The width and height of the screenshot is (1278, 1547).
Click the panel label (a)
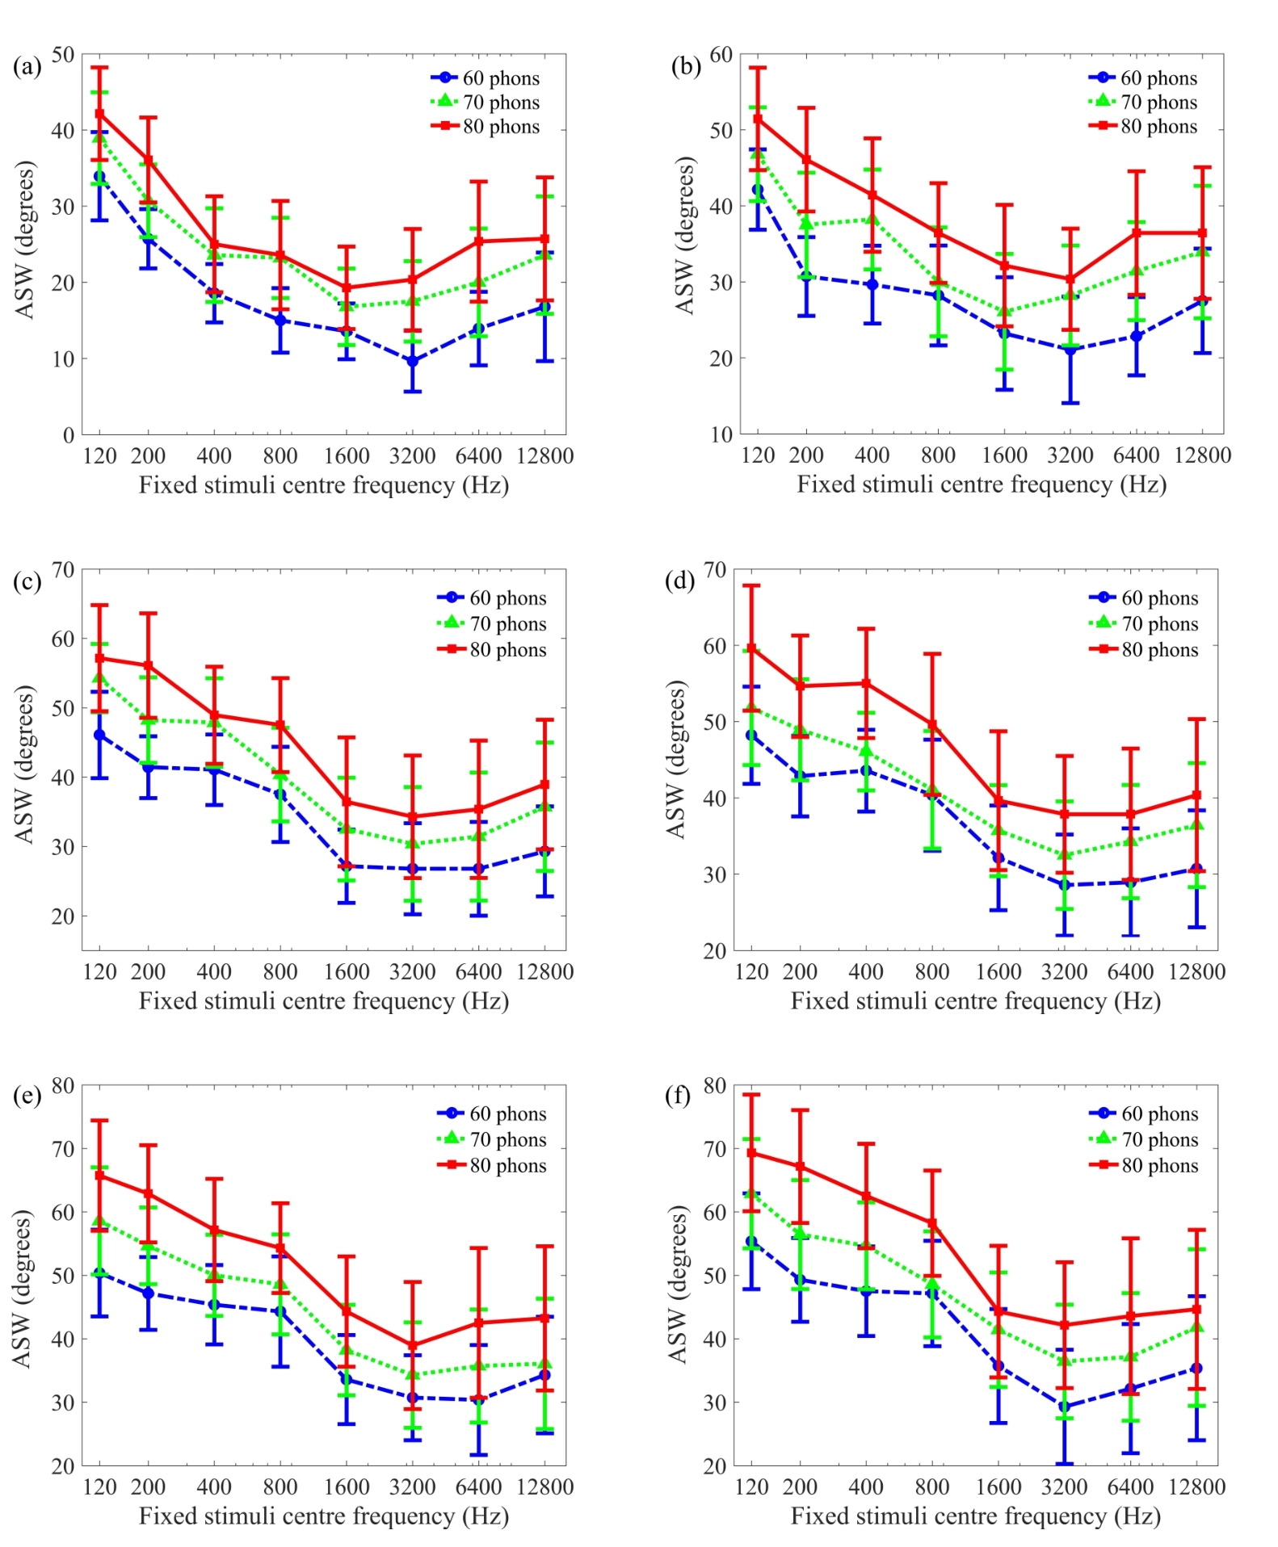27,66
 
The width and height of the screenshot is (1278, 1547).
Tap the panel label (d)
679,581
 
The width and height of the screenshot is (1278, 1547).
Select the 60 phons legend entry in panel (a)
500,78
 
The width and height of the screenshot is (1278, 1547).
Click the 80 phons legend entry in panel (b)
1158,127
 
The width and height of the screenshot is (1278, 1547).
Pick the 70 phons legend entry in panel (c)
507,624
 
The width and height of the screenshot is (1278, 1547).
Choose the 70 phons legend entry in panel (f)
1159,1140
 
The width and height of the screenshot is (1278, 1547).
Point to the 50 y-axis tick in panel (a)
63,54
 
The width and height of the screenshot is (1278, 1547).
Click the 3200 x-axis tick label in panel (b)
1070,455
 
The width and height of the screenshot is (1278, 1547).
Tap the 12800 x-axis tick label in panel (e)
544,1487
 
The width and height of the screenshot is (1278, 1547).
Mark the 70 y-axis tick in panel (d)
715,570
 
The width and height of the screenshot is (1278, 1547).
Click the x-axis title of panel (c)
324,1001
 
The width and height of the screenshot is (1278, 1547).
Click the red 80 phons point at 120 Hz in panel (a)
99,114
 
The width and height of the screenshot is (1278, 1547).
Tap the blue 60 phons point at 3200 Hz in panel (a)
413,361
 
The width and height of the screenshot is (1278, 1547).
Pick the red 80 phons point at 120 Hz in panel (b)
758,119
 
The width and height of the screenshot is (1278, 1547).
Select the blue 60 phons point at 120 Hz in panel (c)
99,735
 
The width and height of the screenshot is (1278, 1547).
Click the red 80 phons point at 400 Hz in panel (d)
866,683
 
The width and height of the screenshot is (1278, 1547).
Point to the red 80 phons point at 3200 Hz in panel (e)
413,1346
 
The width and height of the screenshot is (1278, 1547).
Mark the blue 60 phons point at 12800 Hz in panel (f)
1196,1368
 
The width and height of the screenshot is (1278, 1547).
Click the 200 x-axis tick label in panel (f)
800,1487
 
